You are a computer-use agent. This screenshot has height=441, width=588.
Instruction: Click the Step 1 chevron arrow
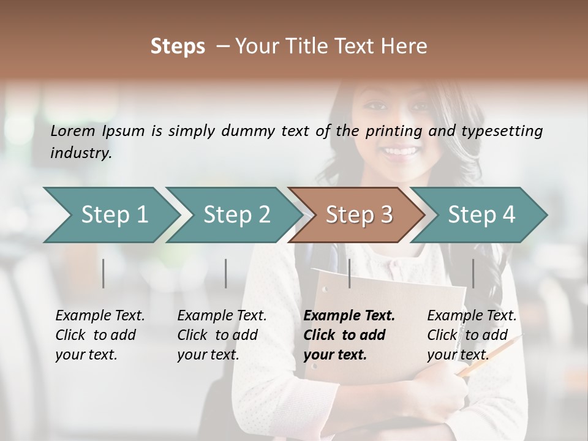pyautogui.click(x=110, y=215)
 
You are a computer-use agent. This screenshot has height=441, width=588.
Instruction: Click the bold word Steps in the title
pyautogui.click(x=178, y=47)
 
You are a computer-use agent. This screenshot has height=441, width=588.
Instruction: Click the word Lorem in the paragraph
pyautogui.click(x=72, y=130)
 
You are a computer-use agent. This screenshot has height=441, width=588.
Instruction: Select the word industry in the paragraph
pyautogui.click(x=80, y=153)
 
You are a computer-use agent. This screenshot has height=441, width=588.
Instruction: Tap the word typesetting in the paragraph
pyautogui.click(x=502, y=130)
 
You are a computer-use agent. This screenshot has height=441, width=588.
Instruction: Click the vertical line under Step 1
pyautogui.click(x=104, y=273)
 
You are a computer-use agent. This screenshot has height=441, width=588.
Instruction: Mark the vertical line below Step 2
pyautogui.click(x=226, y=273)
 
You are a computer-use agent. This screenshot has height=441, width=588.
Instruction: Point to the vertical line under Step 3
pyautogui.click(x=350, y=273)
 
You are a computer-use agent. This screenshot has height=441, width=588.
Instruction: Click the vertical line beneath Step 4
pyautogui.click(x=473, y=273)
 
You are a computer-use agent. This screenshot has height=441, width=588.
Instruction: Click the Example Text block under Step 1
pyautogui.click(x=100, y=335)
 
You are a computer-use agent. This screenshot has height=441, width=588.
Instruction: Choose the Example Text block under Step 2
pyautogui.click(x=222, y=335)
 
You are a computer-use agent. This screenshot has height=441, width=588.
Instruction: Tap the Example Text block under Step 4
pyautogui.click(x=471, y=335)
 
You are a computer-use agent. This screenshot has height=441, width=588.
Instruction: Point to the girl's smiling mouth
pyautogui.click(x=401, y=150)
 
